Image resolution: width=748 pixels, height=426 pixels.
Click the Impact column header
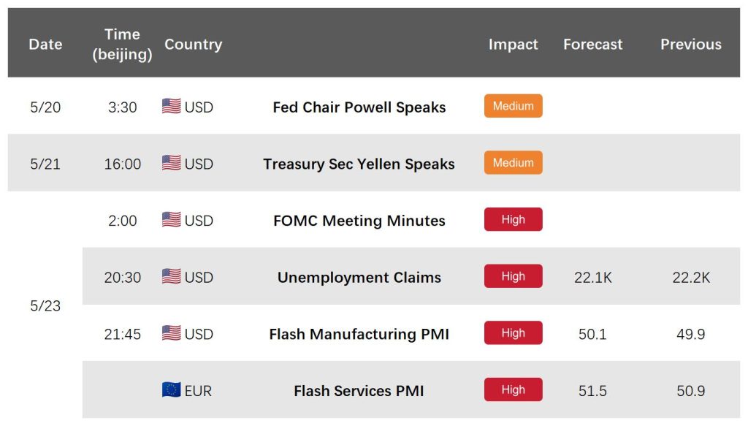(513, 45)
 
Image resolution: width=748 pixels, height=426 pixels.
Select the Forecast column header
(592, 45)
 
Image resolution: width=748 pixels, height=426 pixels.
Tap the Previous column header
(691, 45)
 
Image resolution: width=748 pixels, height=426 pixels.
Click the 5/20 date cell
(45, 107)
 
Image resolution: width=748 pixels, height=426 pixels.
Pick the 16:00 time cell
(123, 164)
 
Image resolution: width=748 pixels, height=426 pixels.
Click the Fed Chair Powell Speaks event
(359, 107)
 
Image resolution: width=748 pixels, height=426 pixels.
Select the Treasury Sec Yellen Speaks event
(359, 164)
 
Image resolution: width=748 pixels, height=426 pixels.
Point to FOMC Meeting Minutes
(359, 221)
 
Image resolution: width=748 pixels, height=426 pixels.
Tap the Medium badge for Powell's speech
(514, 106)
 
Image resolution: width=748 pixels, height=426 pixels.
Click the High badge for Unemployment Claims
(514, 276)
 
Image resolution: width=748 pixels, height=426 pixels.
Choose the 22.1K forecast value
(593, 278)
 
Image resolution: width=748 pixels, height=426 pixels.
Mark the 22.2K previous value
(691, 278)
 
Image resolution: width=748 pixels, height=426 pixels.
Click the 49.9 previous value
(691, 335)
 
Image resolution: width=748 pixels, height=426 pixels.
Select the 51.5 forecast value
(592, 391)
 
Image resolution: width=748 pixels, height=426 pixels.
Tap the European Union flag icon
(171, 389)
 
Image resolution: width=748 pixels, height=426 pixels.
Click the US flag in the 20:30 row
(171, 276)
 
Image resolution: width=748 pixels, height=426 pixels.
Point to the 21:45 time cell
(123, 335)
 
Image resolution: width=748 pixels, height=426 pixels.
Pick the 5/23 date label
(45, 305)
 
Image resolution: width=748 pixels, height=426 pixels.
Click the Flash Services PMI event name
(359, 391)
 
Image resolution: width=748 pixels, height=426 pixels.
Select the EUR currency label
(198, 391)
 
